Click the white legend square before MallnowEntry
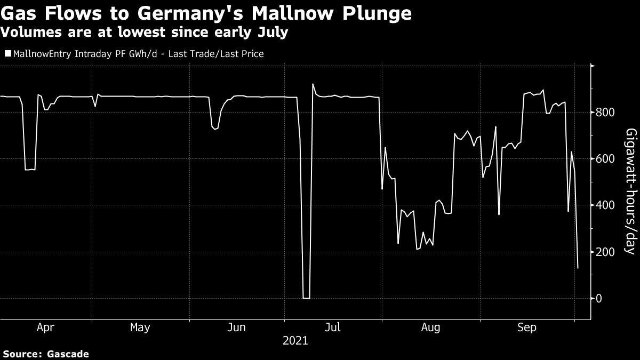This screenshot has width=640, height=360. (7, 54)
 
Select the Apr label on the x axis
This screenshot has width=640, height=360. (45, 327)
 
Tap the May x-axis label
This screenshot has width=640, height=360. (140, 327)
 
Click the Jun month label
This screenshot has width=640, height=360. (237, 327)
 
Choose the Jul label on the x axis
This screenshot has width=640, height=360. (333, 327)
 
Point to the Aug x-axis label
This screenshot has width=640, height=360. (430, 327)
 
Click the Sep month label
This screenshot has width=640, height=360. (527, 327)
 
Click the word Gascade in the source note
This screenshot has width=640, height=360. (67, 354)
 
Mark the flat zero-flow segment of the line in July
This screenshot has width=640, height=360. (306, 298)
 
